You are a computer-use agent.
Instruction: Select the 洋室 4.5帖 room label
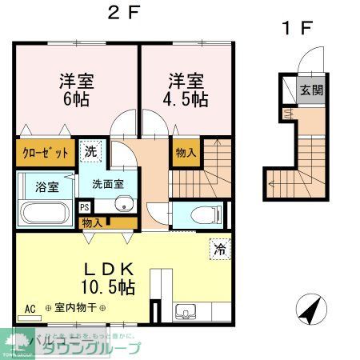(186, 89)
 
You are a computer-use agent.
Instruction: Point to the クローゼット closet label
(45, 152)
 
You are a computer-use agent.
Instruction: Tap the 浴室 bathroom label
(46, 188)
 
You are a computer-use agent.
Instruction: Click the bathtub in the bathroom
(46, 213)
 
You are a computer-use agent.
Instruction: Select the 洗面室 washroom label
(108, 183)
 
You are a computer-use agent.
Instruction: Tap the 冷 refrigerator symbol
(218, 250)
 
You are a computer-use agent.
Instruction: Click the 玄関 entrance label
(312, 89)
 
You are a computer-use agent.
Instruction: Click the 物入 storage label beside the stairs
(185, 152)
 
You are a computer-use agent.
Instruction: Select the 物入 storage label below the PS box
(93, 222)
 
